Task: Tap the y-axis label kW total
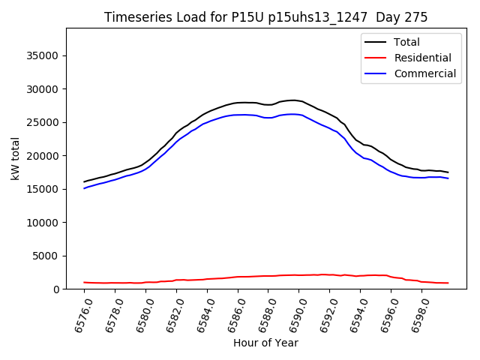(x=15, y=158)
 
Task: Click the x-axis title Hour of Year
(x=265, y=343)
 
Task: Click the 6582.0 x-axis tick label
(x=175, y=313)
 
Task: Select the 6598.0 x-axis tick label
(x=420, y=313)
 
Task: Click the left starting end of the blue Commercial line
(x=84, y=188)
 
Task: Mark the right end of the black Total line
(x=448, y=172)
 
